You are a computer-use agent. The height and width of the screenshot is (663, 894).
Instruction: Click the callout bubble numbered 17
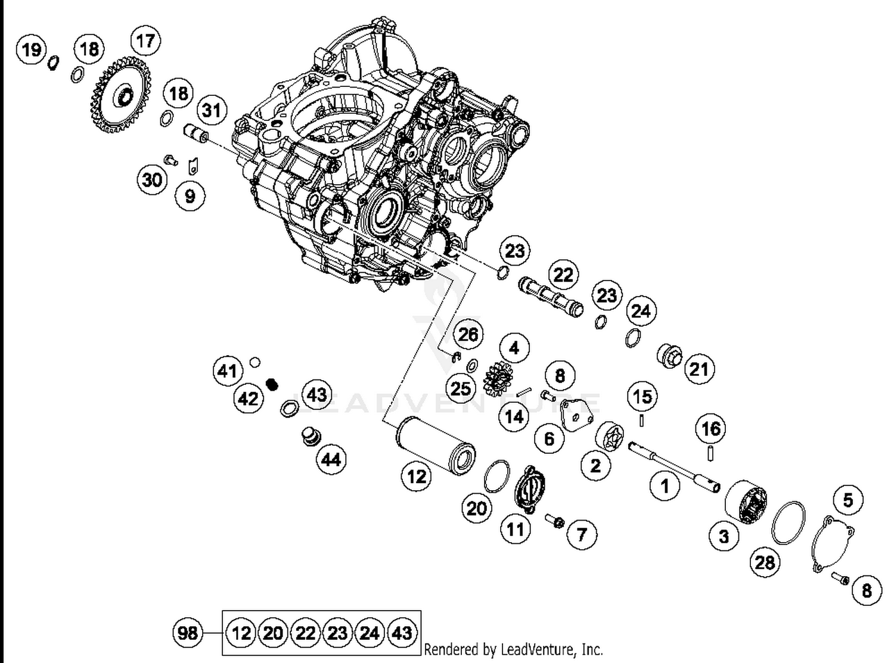click(x=145, y=41)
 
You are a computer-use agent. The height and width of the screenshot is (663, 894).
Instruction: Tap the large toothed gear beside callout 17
click(x=121, y=95)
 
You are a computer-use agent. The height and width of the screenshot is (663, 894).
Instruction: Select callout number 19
click(x=32, y=49)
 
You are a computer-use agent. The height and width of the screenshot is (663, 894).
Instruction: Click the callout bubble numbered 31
click(x=212, y=110)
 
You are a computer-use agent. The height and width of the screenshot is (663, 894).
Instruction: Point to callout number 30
click(x=152, y=179)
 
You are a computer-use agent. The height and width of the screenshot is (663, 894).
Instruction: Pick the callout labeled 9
click(x=190, y=196)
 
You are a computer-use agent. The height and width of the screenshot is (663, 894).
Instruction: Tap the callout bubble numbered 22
click(x=563, y=275)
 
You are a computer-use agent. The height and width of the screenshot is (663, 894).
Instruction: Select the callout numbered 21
click(x=699, y=369)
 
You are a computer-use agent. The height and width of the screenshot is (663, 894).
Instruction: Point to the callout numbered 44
click(x=331, y=459)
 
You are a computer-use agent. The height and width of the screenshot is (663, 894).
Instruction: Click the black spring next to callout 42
click(x=272, y=384)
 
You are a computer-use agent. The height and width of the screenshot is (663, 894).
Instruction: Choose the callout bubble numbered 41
click(x=228, y=371)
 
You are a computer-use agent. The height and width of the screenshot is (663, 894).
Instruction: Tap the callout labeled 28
click(x=765, y=562)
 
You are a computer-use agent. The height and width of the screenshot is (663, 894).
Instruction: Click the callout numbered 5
click(x=848, y=500)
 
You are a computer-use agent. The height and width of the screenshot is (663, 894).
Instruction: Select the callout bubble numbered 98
click(x=188, y=632)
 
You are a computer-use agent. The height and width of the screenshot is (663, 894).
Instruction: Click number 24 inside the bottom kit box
click(x=370, y=633)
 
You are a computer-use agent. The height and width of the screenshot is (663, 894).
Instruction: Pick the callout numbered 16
click(x=710, y=428)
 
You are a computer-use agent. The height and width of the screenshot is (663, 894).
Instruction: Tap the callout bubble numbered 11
click(x=516, y=529)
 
